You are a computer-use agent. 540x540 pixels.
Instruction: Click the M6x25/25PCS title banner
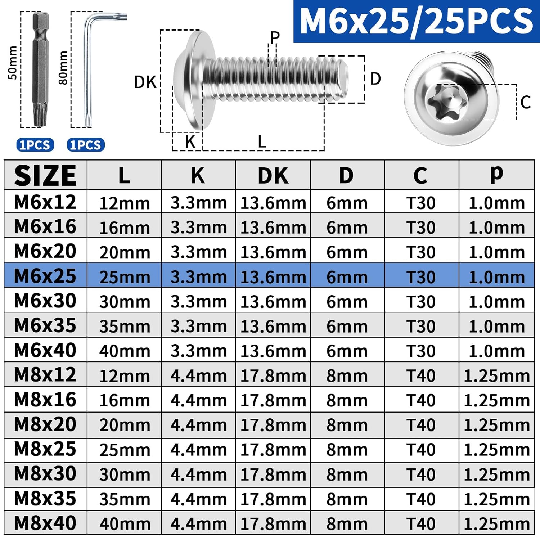click(417, 22)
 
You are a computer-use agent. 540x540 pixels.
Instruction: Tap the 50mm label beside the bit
click(12, 63)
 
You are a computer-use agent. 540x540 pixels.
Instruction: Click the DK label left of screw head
click(145, 82)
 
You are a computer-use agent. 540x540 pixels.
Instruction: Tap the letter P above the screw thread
click(275, 37)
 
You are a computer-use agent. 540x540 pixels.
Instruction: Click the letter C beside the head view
click(526, 102)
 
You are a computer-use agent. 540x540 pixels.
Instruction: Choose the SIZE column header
click(45, 176)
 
